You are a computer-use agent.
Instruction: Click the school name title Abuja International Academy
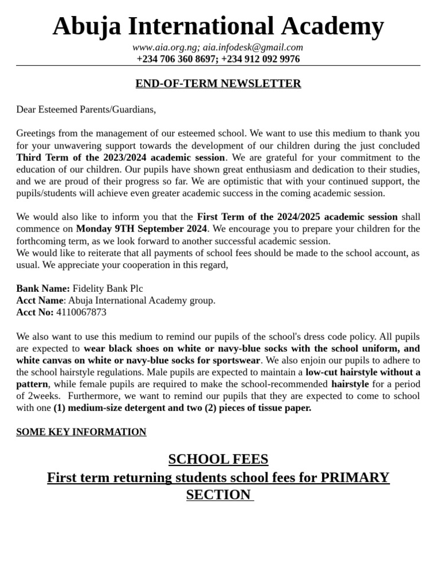pyautogui.click(x=218, y=26)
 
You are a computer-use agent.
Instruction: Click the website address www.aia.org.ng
pyautogui.click(x=165, y=48)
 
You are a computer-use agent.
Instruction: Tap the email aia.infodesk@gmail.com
pyautogui.click(x=253, y=48)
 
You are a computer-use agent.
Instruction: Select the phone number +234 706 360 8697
pyautogui.click(x=176, y=59)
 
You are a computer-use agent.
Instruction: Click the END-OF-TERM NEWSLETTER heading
pyautogui.click(x=218, y=84)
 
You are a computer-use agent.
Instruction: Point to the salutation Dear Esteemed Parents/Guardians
pyautogui.click(x=86, y=109)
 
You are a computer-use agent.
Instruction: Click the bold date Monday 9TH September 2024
pyautogui.click(x=141, y=229)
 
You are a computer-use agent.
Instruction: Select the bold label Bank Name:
pyautogui.click(x=43, y=288)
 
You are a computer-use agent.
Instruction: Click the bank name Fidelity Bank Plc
pyautogui.click(x=108, y=288)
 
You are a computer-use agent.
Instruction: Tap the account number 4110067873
pyautogui.click(x=81, y=312)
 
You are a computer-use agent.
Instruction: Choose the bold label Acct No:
pyautogui.click(x=35, y=312)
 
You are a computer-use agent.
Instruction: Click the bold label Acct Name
pyautogui.click(x=40, y=300)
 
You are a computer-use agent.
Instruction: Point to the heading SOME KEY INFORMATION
pyautogui.click(x=81, y=432)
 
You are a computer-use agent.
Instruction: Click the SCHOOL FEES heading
pyautogui.click(x=218, y=459)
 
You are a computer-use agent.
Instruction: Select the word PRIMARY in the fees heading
pyautogui.click(x=355, y=478)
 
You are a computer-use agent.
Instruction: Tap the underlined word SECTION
pyautogui.click(x=218, y=495)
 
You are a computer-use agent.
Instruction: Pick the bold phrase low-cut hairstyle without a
pyautogui.click(x=363, y=372)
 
